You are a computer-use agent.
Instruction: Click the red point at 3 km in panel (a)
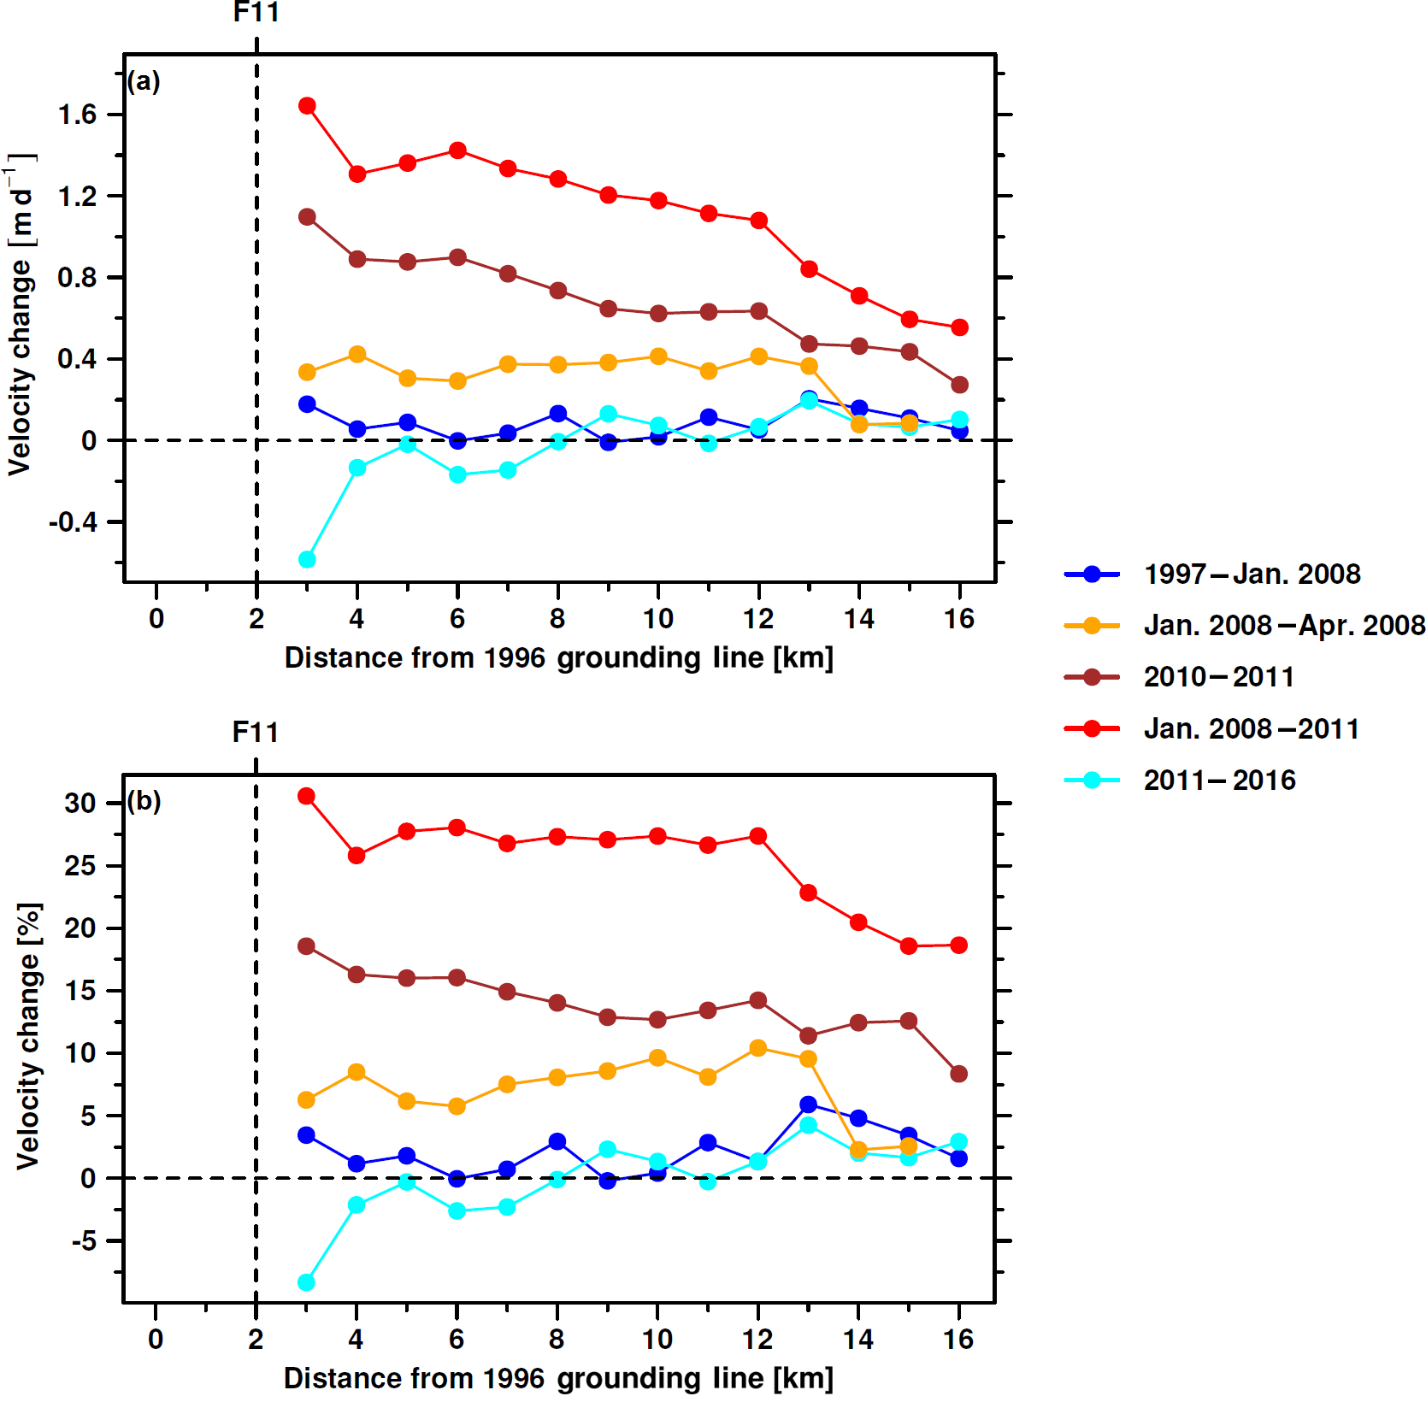(x=307, y=106)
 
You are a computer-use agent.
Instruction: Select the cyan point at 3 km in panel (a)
(x=307, y=560)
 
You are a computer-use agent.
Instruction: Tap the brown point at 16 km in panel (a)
(x=959, y=385)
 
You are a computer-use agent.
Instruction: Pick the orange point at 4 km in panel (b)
(x=356, y=1072)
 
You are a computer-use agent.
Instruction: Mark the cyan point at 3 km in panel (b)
(x=306, y=1282)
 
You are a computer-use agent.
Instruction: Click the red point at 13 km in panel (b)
(x=808, y=892)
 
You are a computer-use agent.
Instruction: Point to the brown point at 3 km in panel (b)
(x=306, y=946)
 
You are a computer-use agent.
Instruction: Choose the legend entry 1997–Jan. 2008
(x=1252, y=574)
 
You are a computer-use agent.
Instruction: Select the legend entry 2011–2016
(x=1219, y=781)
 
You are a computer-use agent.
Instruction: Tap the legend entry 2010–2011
(x=1218, y=677)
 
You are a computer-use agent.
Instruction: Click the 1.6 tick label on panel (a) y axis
(x=77, y=115)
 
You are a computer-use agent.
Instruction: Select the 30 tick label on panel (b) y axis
(x=80, y=804)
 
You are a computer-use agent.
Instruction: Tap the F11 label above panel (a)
(x=256, y=12)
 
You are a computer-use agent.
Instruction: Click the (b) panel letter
(x=144, y=801)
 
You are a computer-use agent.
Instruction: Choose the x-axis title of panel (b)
(x=558, y=1378)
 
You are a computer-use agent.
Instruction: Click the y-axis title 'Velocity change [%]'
(x=28, y=1036)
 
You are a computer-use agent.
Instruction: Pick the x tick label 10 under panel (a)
(x=657, y=618)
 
